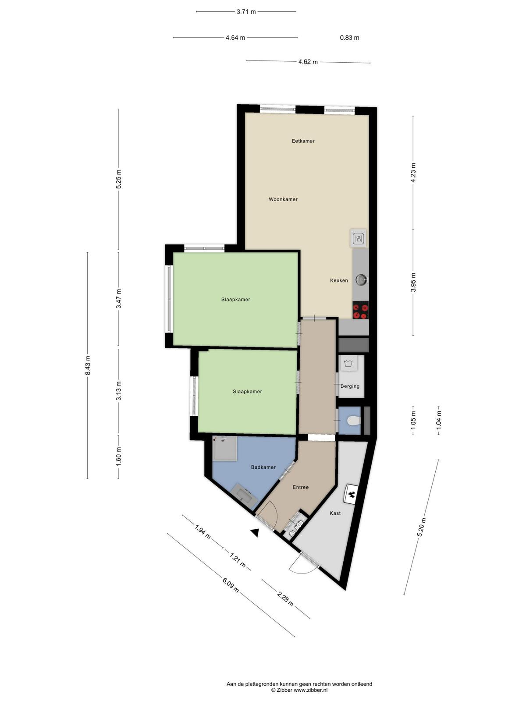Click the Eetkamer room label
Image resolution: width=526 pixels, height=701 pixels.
tap(303, 141)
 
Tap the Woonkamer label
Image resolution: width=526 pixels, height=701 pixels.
tap(283, 199)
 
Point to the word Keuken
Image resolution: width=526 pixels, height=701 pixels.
tap(339, 280)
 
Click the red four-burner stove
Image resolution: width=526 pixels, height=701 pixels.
tap(361, 310)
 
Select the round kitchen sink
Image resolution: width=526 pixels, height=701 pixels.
tap(362, 280)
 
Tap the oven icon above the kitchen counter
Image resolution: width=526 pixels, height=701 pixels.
tap(358, 238)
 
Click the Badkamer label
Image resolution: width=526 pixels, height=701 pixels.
tap(263, 467)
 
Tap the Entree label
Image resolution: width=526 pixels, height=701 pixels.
tap(301, 487)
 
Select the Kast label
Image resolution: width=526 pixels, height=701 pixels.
tap(335, 513)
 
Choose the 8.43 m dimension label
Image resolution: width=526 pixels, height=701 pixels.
tap(88, 365)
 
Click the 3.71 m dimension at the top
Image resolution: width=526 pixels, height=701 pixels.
tap(246, 12)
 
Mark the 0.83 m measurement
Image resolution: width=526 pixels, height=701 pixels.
tap(349, 38)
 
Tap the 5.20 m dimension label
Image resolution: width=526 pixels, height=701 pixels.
tap(422, 527)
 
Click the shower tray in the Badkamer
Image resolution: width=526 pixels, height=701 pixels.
tap(225, 449)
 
